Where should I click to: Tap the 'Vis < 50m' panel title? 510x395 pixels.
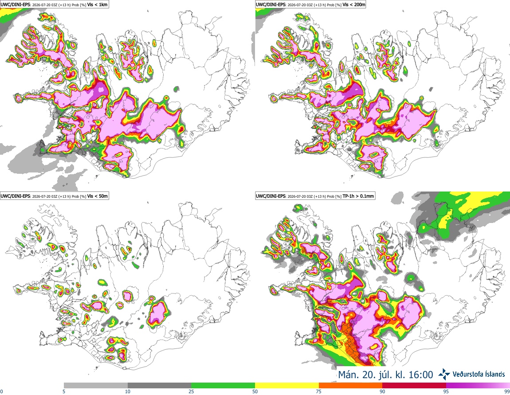98,196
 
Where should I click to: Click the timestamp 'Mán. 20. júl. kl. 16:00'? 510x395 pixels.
385,375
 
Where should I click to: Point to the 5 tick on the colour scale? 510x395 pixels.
64,391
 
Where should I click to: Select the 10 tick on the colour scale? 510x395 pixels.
128,391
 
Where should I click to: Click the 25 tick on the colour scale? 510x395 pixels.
192,391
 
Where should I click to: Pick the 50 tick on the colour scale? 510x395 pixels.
255,391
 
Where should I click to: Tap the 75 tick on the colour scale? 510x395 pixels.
319,391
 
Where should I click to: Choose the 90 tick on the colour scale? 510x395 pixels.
382,391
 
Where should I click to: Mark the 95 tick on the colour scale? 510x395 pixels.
446,391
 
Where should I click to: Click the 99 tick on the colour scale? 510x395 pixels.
507,391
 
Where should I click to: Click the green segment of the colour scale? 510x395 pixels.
223,386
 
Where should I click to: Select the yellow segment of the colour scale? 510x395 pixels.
287,386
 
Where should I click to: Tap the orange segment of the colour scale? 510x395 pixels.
351,386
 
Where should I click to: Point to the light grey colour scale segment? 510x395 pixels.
96,386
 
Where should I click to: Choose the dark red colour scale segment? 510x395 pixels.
414,386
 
